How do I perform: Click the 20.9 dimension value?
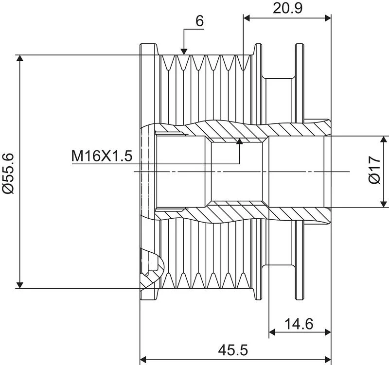pos(287,8)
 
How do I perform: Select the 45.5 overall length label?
pos(233,350)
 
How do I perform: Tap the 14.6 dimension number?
pos(299,324)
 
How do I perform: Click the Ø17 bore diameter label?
pos(374,170)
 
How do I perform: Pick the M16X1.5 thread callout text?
pos(102,156)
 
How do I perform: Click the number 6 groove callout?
pos(199,21)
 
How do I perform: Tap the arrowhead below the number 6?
pos(184,51)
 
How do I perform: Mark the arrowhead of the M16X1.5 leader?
pos(239,141)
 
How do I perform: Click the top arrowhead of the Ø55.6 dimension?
pos(20,58)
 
